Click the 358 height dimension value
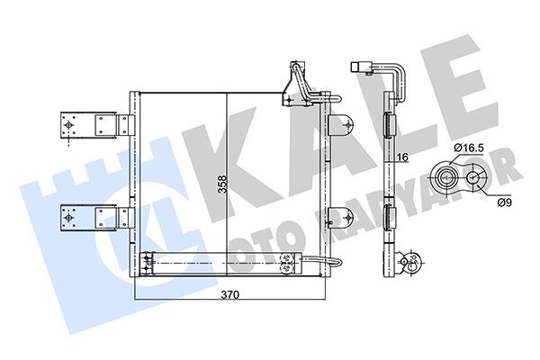click(223, 184)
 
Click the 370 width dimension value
click(230, 295)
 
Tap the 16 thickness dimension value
click(402, 157)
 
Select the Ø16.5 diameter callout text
click(469, 148)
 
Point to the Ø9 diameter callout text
click(505, 202)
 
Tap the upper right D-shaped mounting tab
click(341, 125)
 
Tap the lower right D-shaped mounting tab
click(341, 217)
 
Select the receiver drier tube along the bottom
click(220, 264)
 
